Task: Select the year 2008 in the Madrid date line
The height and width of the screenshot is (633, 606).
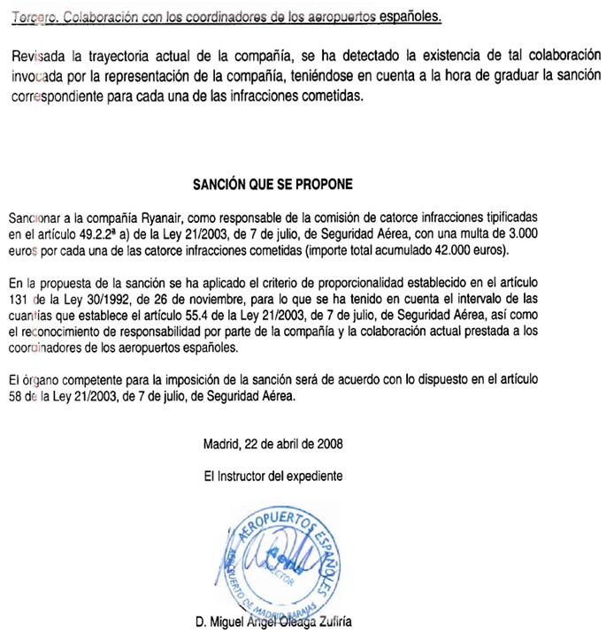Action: pos(328,442)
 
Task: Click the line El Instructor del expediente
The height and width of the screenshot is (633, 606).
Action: pos(272,475)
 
